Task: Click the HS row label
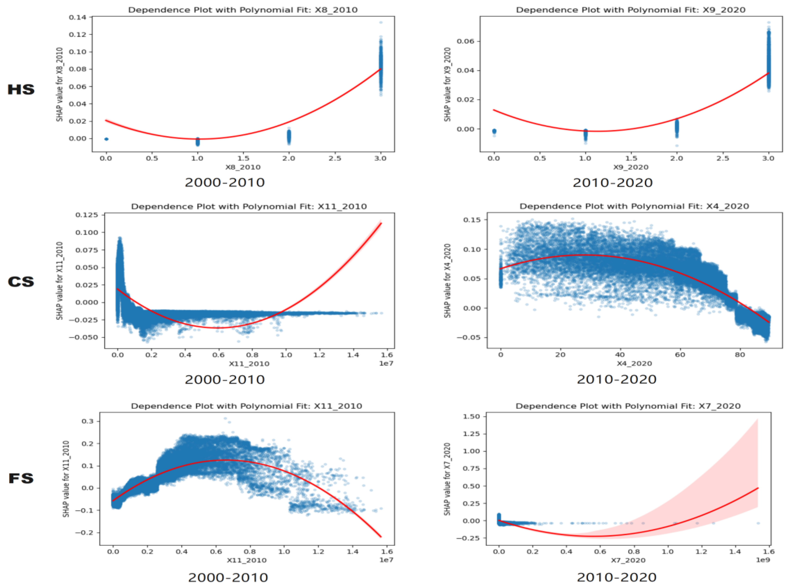[x=21, y=89]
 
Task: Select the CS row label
[x=21, y=282]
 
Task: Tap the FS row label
[x=21, y=478]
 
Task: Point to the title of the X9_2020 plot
[x=630, y=10]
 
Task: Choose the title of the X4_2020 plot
[x=634, y=206]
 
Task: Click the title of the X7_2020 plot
[x=628, y=406]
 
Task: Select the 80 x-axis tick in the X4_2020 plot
[x=740, y=355]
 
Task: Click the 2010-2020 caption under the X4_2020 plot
[x=616, y=380]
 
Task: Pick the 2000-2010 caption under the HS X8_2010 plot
[x=225, y=183]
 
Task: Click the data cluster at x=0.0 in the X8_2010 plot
[x=106, y=139]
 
